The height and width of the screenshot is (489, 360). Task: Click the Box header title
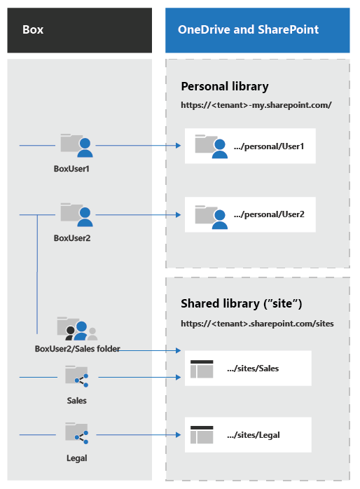tap(33, 29)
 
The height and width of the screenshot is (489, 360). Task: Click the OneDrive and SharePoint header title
tap(248, 29)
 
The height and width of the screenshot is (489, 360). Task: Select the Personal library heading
tap(225, 86)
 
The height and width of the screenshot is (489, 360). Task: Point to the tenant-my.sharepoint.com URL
tap(256, 105)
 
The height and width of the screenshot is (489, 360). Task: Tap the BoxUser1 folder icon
tap(76, 145)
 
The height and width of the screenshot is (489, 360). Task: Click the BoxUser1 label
tap(71, 169)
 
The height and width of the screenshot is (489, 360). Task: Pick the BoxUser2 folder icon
tap(76, 214)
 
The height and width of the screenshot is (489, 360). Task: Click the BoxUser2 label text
tap(72, 238)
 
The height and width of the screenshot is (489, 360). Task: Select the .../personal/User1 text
tap(269, 146)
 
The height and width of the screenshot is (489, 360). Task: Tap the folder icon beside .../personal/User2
tap(212, 217)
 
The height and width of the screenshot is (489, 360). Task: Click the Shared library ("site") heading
tap(242, 303)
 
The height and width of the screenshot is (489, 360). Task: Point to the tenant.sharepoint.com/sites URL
tap(257, 324)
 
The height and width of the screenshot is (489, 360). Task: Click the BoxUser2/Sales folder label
tap(77, 349)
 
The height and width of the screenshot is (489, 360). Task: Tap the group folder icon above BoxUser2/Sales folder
tap(77, 329)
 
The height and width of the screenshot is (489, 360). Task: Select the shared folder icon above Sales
tap(76, 376)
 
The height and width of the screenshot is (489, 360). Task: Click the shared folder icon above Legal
tap(76, 433)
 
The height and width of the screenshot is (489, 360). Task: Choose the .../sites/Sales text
tap(253, 369)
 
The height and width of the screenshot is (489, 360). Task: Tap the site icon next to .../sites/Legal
tap(202, 434)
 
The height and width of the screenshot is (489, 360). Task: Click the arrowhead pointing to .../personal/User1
tap(179, 145)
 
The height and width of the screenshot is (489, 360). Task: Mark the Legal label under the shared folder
tap(76, 458)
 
